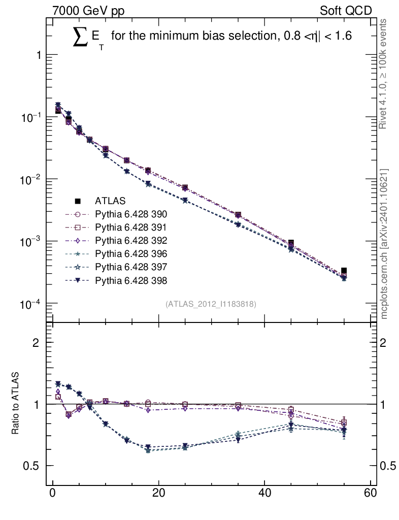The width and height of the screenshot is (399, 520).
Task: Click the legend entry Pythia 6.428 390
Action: [131, 214]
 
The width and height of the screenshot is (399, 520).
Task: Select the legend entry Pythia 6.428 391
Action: [131, 227]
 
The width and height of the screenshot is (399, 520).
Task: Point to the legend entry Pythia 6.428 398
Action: [131, 280]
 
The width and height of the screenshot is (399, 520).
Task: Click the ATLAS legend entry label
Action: [110, 201]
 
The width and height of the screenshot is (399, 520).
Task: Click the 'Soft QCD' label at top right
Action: [346, 10]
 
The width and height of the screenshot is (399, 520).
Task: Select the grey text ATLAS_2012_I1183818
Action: [211, 304]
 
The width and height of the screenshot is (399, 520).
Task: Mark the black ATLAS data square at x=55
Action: [344, 271]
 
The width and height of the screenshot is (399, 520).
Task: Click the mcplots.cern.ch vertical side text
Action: [384, 244]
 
